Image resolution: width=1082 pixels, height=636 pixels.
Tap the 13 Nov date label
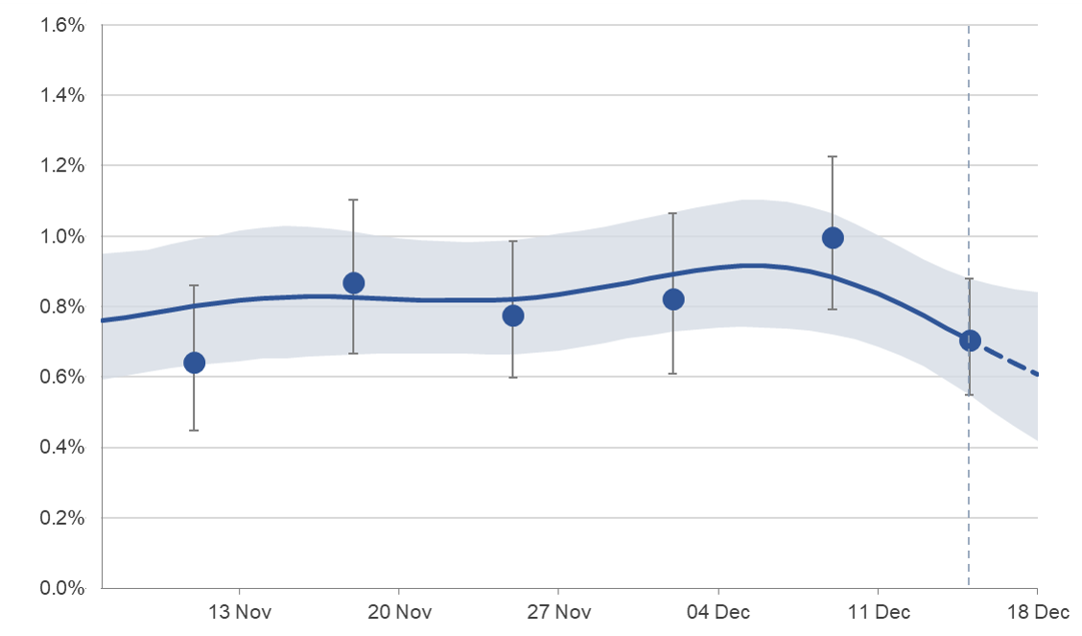tap(238, 612)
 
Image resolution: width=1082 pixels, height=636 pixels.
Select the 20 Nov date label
tap(398, 612)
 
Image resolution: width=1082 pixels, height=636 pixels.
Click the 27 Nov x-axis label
tap(558, 612)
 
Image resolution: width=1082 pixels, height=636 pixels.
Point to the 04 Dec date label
tap(717, 612)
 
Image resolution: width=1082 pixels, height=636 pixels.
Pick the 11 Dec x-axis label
tap(878, 612)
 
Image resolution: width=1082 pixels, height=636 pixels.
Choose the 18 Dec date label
tap(1037, 612)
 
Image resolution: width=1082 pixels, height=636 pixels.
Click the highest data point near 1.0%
tap(833, 238)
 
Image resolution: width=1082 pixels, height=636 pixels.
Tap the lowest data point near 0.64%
tap(194, 362)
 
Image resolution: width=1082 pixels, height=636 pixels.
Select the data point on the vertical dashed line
tap(970, 341)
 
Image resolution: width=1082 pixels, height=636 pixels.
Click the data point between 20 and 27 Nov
tap(513, 316)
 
